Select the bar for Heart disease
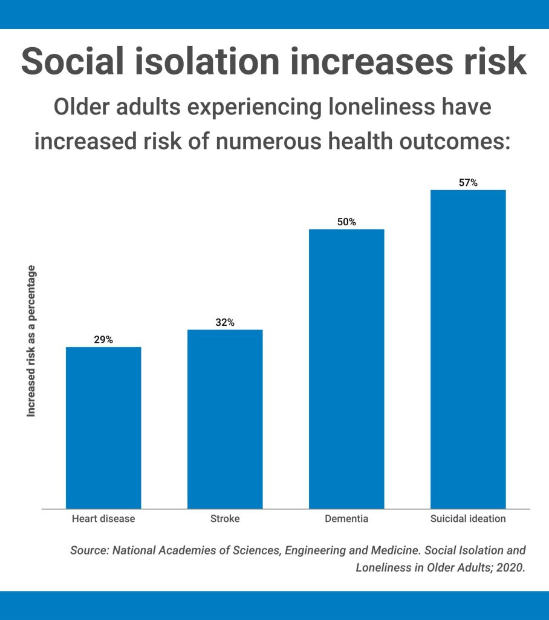[103, 427]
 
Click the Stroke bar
[225, 419]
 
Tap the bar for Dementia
[346, 369]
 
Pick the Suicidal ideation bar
[468, 349]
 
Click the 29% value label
[103, 340]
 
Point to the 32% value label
[225, 323]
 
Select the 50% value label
[346, 222]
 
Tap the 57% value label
[468, 183]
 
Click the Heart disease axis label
[103, 519]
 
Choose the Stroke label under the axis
[225, 519]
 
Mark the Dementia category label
[346, 519]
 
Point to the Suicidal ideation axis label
[468, 519]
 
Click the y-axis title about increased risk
[31, 341]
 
